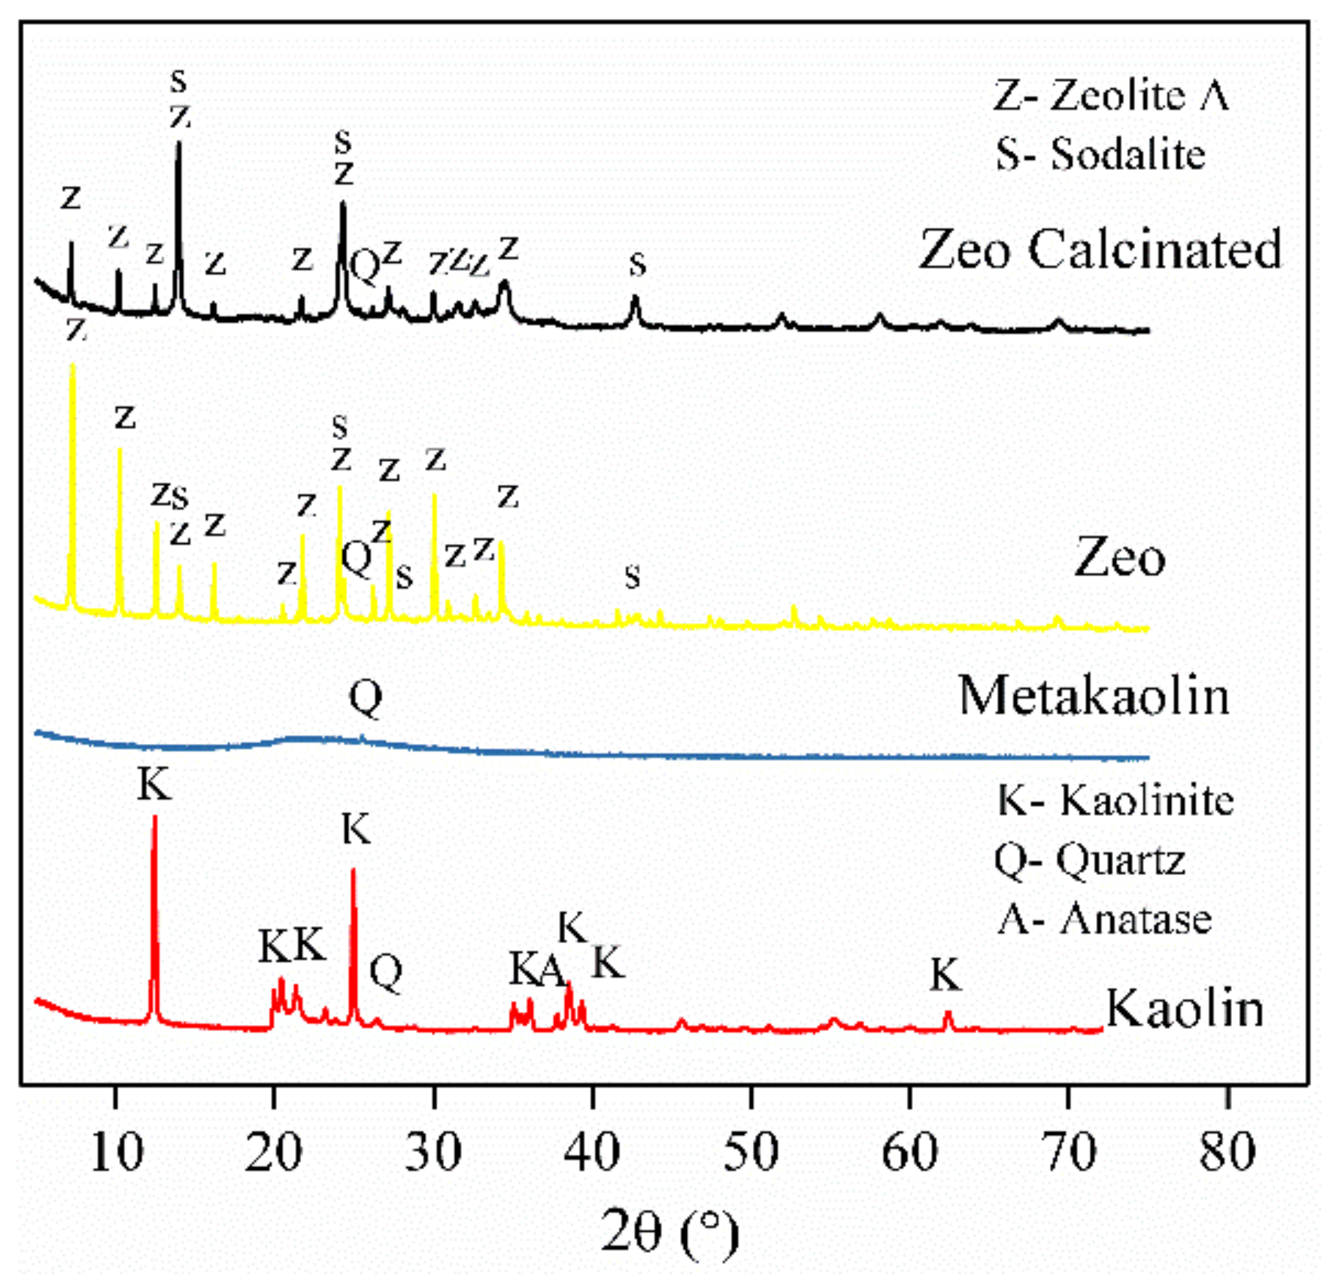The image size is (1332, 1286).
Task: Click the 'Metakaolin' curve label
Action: [x=1094, y=697]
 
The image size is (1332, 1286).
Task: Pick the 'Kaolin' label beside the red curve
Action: [x=1185, y=1009]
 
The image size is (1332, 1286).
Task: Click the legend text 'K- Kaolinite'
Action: [x=1115, y=801]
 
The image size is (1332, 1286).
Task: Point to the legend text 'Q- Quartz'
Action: [x=1090, y=861]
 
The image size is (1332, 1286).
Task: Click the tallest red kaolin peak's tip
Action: [x=154, y=817]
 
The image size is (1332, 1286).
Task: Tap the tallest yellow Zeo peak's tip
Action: [x=73, y=366]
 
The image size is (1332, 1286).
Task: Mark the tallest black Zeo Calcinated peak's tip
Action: [x=179, y=143]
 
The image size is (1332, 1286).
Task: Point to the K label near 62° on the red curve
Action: [x=946, y=976]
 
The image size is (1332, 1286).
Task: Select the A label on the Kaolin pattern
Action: [x=553, y=971]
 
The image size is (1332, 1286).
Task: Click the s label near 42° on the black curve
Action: [x=637, y=265]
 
